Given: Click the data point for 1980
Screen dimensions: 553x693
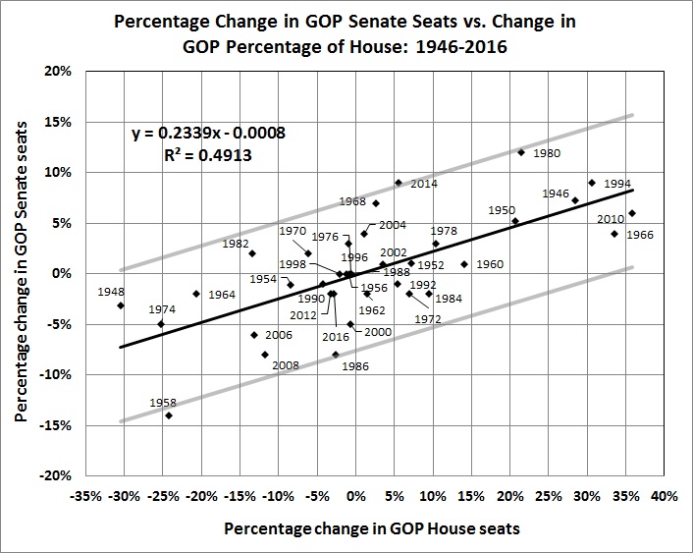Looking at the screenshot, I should click(521, 152).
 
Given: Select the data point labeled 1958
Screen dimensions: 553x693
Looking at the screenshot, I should click(169, 415).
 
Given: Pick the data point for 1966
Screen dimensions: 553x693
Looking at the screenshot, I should click(632, 213).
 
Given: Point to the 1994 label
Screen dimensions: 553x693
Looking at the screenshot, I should click(617, 184).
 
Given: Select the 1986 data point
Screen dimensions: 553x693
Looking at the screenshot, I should click(335, 355).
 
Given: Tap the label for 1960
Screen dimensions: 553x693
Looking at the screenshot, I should click(489, 264).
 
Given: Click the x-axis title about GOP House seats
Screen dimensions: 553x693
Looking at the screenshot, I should click(372, 528).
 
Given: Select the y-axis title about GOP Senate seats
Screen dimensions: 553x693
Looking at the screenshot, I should click(21, 273).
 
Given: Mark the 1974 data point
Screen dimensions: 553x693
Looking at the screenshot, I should click(161, 323).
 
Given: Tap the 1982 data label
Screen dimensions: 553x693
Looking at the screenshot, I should click(236, 244).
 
